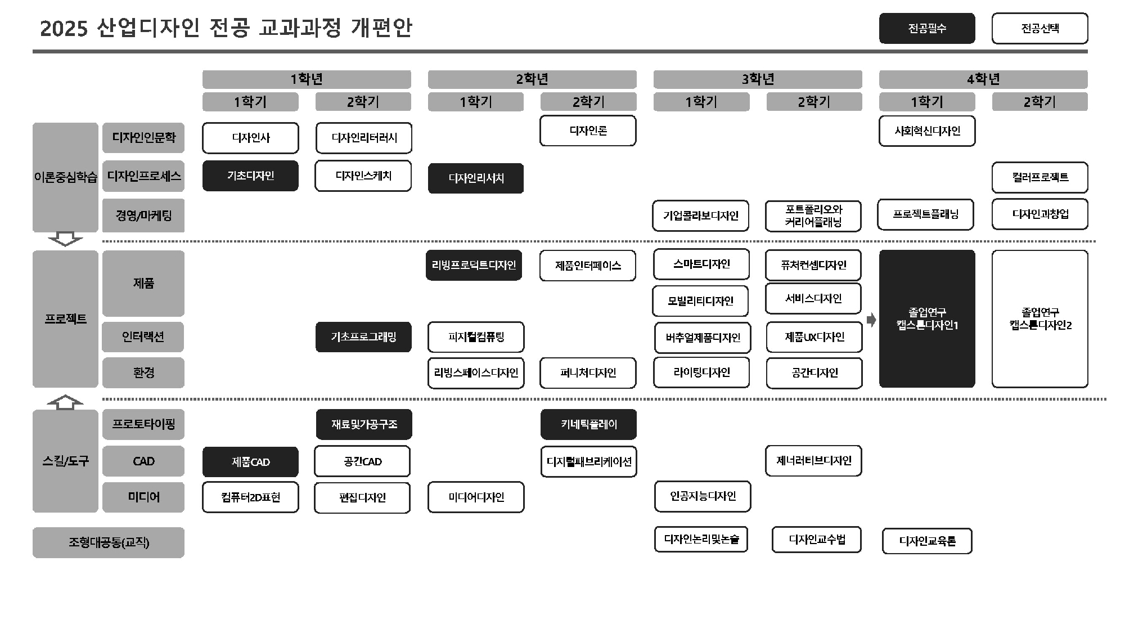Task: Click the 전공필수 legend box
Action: pos(927,28)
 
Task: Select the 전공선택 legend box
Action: pos(1039,28)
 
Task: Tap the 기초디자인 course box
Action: pos(250,176)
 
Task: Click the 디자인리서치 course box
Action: pos(476,178)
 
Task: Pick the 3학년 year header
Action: pos(758,79)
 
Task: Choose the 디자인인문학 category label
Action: pos(143,137)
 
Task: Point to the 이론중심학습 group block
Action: pos(65,177)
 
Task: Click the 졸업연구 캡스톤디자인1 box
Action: pos(927,318)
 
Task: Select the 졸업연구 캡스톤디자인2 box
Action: pos(1039,318)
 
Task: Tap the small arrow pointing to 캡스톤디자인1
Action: pos(871,320)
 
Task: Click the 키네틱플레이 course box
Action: pos(588,424)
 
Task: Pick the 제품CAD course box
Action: pos(250,462)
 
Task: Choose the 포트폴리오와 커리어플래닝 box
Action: pos(813,216)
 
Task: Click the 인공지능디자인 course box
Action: pos(703,496)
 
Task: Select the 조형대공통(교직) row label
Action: pos(109,542)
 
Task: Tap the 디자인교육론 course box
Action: pos(927,541)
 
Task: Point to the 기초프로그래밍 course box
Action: pos(363,337)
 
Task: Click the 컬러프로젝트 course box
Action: pos(1039,177)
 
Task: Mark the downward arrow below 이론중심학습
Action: pos(65,239)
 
